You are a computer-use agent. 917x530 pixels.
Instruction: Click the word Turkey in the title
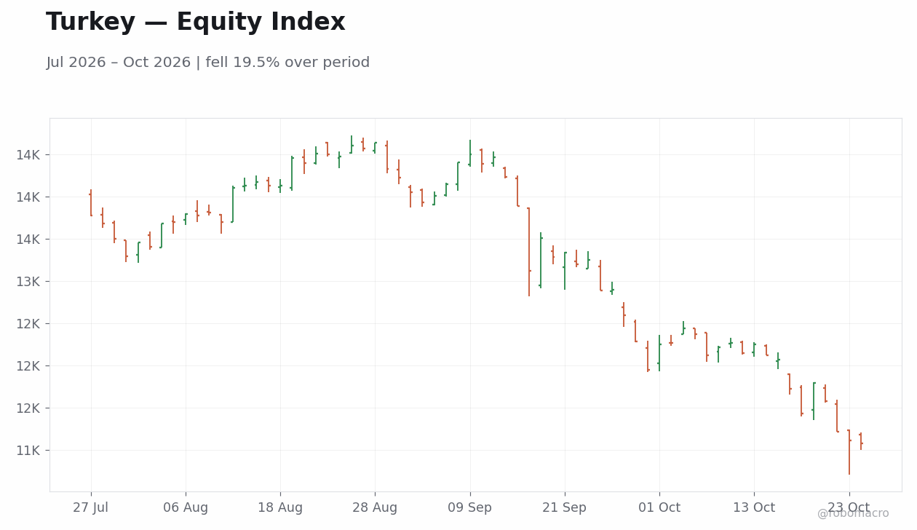point(90,22)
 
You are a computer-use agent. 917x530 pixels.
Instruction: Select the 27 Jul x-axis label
point(90,507)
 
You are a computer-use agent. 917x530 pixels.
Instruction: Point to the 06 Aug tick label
point(186,508)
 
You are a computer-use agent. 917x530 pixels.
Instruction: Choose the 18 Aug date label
point(280,508)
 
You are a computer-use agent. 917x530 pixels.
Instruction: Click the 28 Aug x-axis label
point(375,508)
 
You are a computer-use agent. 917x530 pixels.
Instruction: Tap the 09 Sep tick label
point(469,508)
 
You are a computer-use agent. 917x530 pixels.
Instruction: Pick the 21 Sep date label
point(564,508)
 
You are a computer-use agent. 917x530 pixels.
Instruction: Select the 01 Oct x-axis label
point(659,507)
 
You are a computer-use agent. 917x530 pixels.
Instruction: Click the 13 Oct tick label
point(754,507)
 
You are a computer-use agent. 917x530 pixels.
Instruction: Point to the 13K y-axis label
point(28,282)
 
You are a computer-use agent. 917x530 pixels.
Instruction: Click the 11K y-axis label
point(28,451)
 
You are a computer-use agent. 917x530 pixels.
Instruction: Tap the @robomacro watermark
point(853,513)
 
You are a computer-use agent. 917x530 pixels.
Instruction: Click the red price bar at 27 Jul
point(91,202)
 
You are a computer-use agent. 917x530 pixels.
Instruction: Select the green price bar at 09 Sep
point(470,153)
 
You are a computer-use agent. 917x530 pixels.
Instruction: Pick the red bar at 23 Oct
point(849,452)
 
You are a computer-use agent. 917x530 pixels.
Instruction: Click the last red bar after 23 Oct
point(861,441)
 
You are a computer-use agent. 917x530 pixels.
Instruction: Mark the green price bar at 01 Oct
point(659,353)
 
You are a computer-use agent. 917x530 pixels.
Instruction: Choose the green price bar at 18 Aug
point(280,186)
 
